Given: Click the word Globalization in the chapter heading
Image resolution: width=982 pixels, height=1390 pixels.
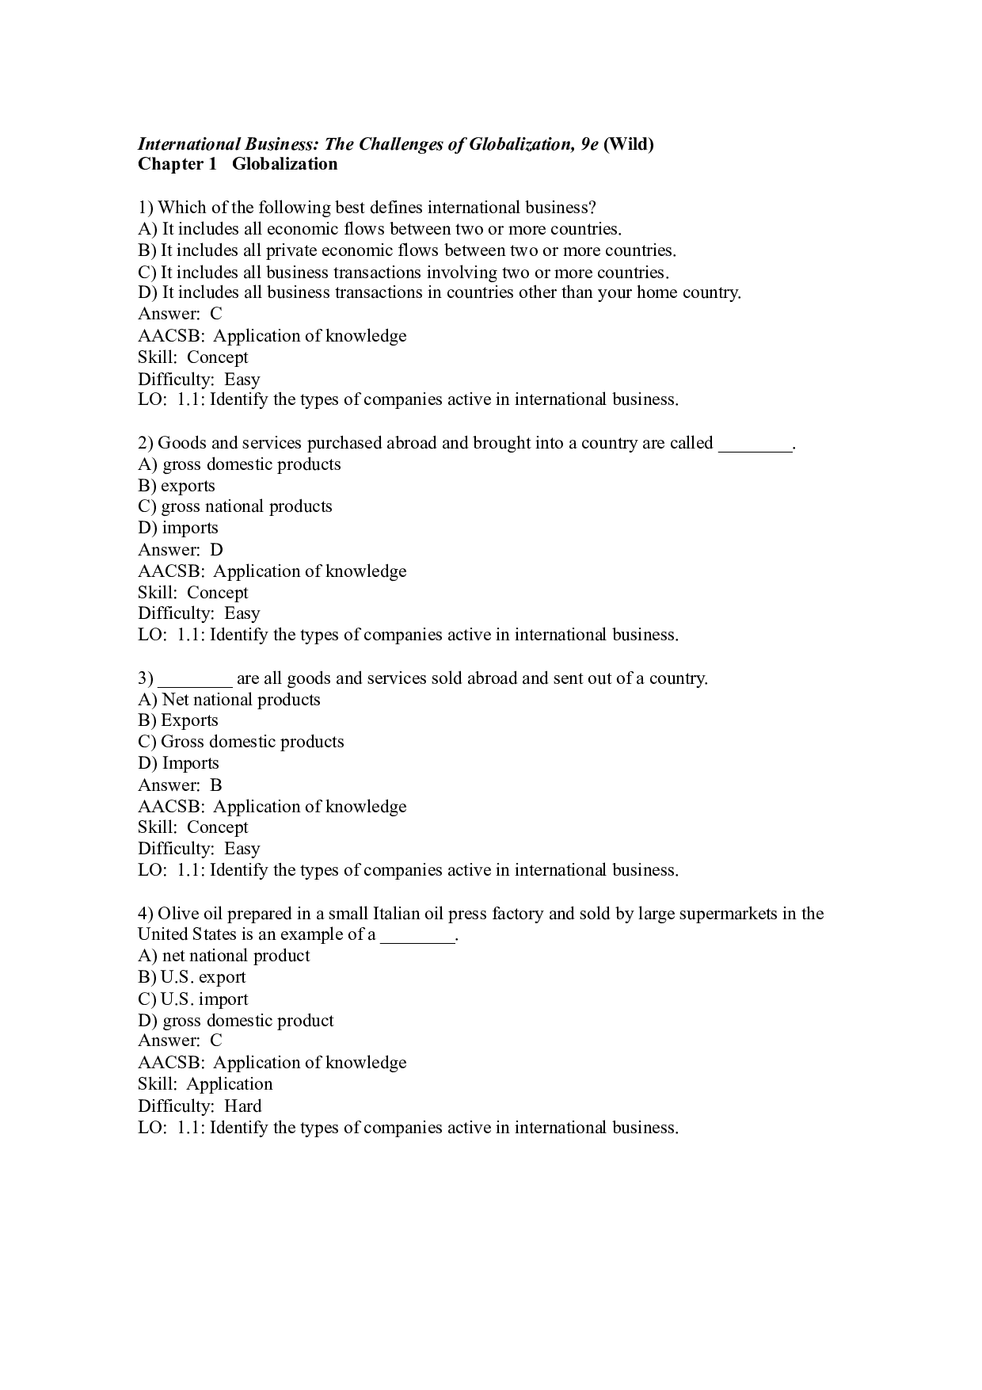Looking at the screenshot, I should (x=284, y=164).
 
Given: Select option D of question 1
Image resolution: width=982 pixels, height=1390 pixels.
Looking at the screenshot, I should (x=440, y=292).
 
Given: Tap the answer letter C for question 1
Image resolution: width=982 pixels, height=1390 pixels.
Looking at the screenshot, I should (x=216, y=314).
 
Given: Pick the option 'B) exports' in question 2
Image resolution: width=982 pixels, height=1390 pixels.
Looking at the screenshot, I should (x=177, y=486).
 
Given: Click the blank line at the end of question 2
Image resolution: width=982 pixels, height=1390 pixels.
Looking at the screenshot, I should (x=755, y=444).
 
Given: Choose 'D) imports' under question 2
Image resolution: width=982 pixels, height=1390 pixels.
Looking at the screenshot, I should (x=178, y=528).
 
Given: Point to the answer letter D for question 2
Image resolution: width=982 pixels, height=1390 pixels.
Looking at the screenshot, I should (x=216, y=550).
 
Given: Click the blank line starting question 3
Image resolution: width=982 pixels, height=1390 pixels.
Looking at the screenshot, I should (x=195, y=679).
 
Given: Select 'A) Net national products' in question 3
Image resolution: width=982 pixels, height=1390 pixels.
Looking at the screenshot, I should (x=229, y=700).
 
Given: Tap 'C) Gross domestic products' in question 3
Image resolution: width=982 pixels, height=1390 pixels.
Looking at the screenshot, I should (x=241, y=742).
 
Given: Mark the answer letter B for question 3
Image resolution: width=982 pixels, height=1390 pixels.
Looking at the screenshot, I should (x=216, y=785).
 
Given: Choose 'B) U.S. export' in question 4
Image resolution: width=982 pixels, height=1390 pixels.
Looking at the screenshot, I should (x=192, y=977).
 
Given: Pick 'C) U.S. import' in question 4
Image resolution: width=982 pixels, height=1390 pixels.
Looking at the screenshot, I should (x=192, y=999).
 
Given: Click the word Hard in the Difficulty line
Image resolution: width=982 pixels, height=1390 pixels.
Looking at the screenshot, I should (x=242, y=1106).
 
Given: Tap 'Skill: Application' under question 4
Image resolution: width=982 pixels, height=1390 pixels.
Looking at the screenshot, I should (x=205, y=1084).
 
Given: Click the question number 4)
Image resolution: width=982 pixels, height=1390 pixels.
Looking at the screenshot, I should (x=146, y=914).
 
